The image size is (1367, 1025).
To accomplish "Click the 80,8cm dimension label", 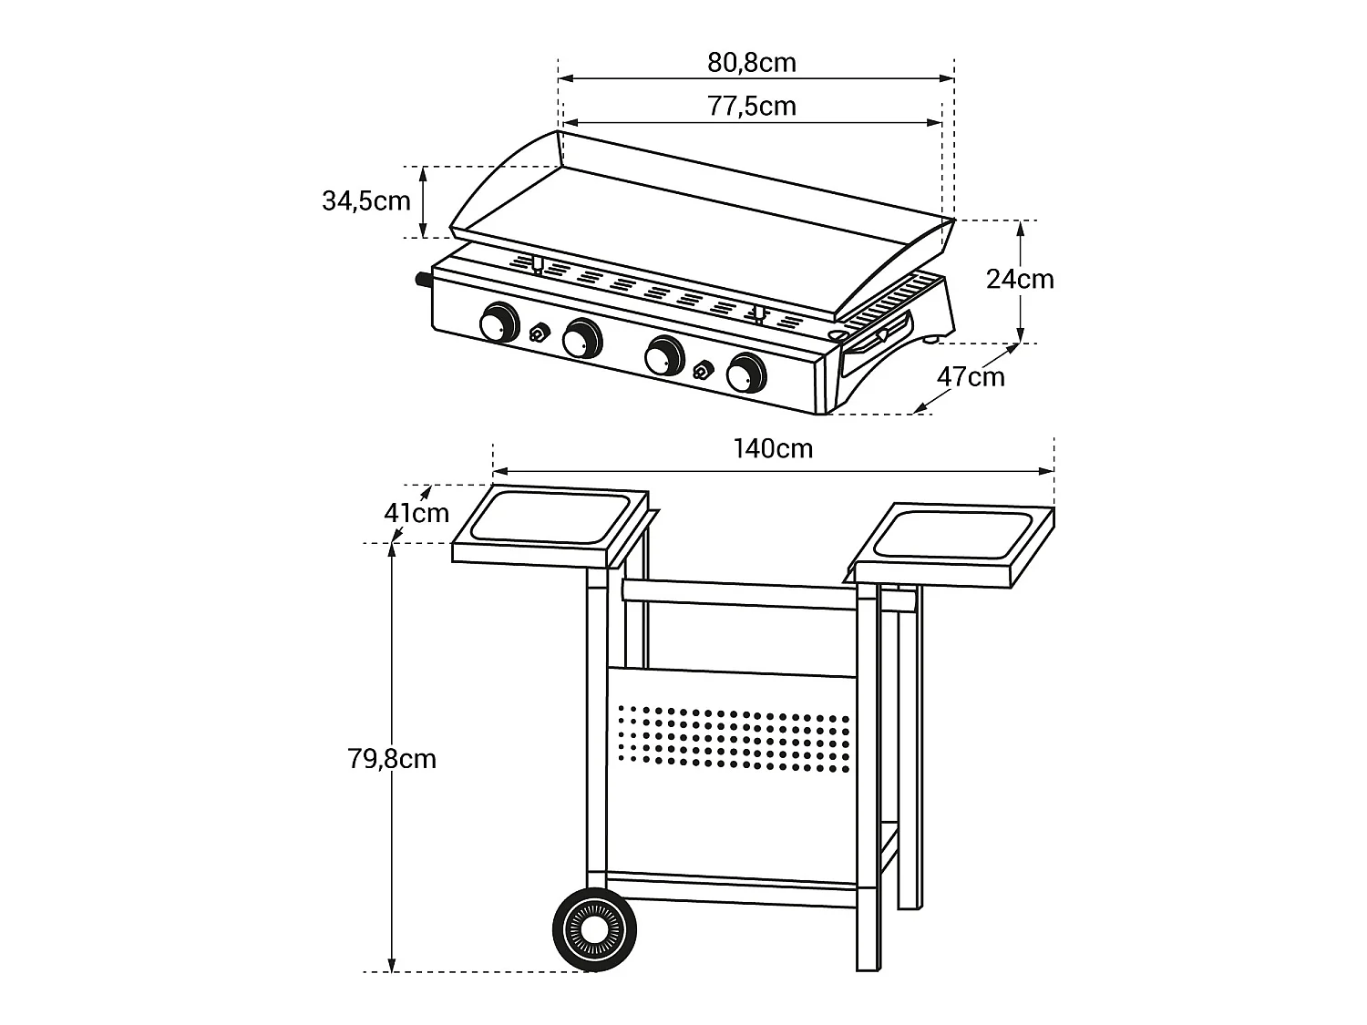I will pos(752,63).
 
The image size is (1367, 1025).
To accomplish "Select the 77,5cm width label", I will pos(752,107).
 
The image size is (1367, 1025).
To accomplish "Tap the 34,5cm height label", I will pos(366,200).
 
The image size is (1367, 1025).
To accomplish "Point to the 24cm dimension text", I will pos(1020,279).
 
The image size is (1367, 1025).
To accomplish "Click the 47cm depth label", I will pos(971,377).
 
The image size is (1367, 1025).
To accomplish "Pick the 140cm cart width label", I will pos(773,449).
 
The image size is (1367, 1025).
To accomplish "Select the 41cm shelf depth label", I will pos(416,513).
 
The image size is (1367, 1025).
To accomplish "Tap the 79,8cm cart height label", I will pos(392,759).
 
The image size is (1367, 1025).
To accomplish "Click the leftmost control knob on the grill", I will pos(498,323).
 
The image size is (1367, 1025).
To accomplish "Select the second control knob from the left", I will pos(581,338).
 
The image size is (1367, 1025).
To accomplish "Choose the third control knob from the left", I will pos(663,355).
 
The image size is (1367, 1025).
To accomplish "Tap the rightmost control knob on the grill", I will pos(745,372).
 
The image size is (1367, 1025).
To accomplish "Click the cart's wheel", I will pos(594,929).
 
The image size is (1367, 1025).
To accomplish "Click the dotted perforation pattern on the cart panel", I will pos(734,736).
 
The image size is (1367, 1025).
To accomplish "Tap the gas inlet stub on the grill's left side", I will pos(423,281).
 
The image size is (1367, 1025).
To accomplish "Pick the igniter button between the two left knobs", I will pos(539,333).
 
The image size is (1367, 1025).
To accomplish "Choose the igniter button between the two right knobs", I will pos(703,370).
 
